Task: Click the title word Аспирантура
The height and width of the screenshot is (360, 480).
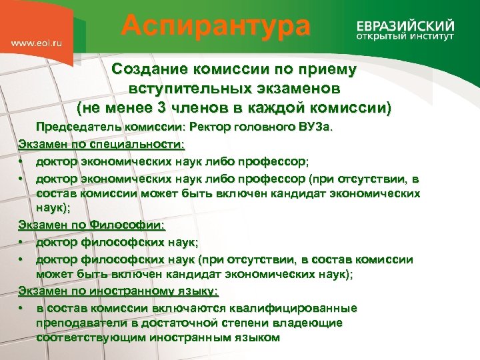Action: (216, 27)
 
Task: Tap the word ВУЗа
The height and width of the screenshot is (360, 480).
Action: (320, 127)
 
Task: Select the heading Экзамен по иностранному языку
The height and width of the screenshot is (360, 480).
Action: (118, 291)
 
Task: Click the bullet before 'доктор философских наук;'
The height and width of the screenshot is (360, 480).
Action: (23, 243)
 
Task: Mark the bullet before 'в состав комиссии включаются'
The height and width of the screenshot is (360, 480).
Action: (23, 308)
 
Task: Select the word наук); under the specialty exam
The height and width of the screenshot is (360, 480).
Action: (54, 209)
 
